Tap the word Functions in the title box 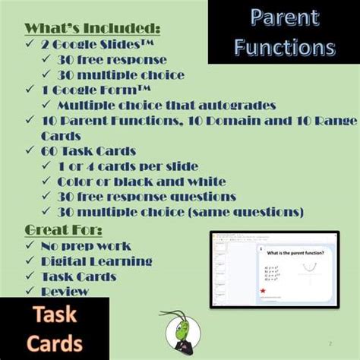click(284, 47)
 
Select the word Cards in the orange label click(55, 343)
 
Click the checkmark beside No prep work click(30, 246)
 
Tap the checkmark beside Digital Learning click(30, 261)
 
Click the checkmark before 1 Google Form click(30, 90)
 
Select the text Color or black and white click(141, 182)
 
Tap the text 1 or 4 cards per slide click(128, 166)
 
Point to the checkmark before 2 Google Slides click(30, 44)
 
